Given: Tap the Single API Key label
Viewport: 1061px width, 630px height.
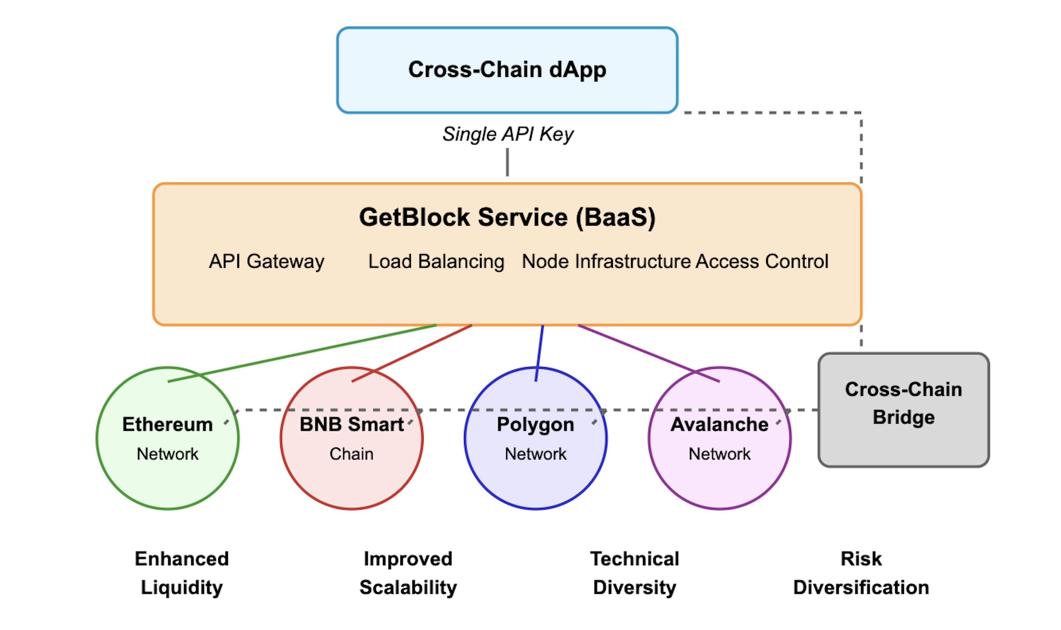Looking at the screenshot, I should pyautogui.click(x=508, y=134).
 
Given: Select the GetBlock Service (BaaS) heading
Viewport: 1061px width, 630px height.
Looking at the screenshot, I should pyautogui.click(x=507, y=217).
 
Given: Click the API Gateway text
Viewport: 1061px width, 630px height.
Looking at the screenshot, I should pyautogui.click(x=267, y=261).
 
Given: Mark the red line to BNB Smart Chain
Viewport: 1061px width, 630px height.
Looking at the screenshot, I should pyautogui.click(x=412, y=353).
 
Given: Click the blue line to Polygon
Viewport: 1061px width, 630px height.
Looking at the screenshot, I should pyautogui.click(x=539, y=353).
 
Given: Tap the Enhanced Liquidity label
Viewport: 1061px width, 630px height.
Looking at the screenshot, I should pyautogui.click(x=182, y=573).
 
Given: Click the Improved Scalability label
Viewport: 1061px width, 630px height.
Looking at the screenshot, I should pyautogui.click(x=408, y=573).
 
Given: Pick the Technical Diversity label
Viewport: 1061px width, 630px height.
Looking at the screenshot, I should pyautogui.click(x=634, y=573).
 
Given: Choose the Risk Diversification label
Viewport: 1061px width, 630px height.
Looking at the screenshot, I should pyautogui.click(x=861, y=573).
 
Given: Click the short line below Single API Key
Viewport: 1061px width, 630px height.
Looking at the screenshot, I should pyautogui.click(x=507, y=162).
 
